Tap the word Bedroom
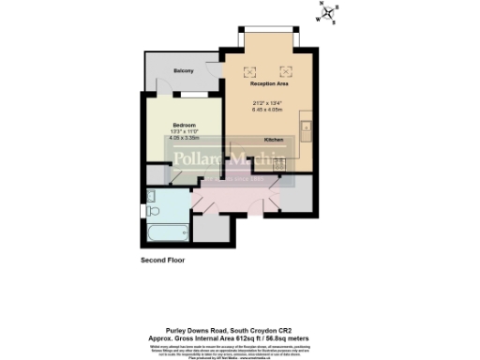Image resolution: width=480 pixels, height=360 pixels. coord(183,124)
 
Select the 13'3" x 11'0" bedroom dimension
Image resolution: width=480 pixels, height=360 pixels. coord(183,131)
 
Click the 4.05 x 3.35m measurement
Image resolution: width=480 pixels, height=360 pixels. coord(183,139)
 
